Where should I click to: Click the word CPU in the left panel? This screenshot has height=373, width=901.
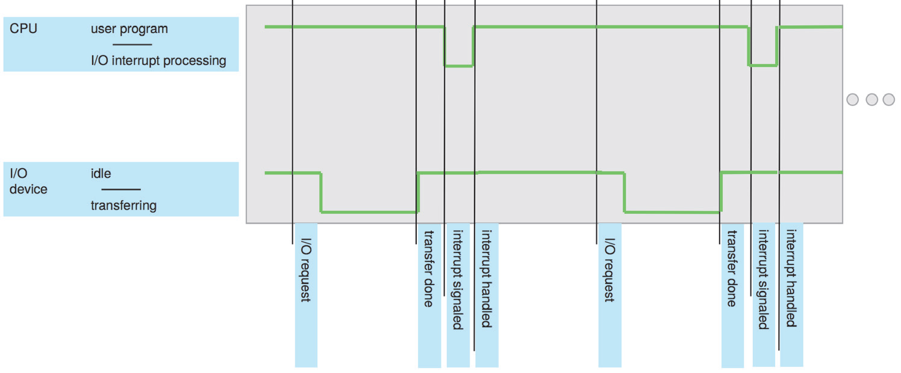(23, 28)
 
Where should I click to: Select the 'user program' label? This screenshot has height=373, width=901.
(129, 29)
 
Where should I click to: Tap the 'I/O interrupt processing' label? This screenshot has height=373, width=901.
(158, 60)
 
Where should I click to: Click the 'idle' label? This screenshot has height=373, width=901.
(101, 174)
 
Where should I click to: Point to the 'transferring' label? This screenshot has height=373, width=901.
(123, 205)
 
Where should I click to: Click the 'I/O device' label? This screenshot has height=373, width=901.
(28, 181)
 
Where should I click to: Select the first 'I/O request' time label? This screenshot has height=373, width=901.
(305, 271)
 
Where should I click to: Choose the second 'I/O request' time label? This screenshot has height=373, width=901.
(609, 271)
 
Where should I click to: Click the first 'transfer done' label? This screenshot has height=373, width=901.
(429, 269)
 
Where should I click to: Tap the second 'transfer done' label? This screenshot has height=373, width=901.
(732, 269)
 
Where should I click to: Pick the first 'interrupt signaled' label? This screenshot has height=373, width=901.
(458, 280)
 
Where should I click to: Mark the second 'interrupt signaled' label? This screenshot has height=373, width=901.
(763, 280)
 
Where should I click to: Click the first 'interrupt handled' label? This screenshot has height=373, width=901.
(487, 279)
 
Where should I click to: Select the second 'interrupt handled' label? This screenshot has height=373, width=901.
(791, 279)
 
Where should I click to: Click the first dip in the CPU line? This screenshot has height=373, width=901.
(459, 65)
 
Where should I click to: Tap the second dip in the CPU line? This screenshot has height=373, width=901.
(763, 64)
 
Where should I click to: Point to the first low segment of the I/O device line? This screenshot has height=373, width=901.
(369, 212)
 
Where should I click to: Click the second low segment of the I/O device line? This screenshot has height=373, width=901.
(673, 212)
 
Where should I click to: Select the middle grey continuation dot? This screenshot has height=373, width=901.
(871, 99)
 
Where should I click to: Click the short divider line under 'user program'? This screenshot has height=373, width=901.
(132, 45)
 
